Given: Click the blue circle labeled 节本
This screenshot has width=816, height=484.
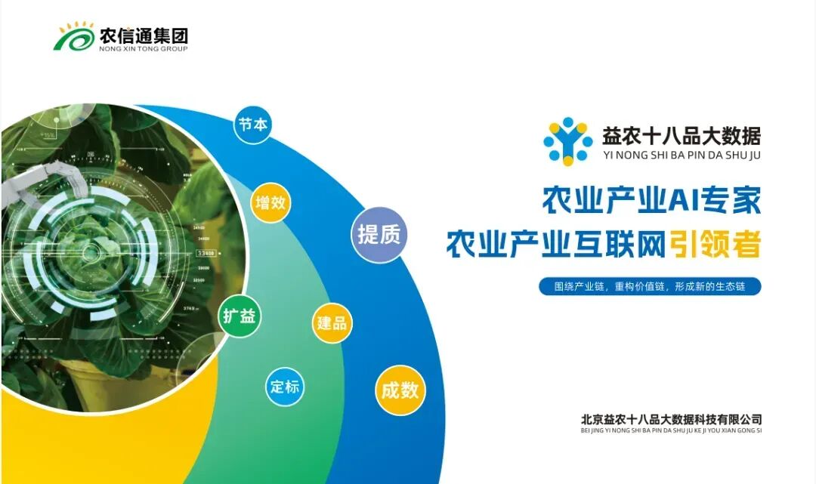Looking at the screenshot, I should [x=253, y=125].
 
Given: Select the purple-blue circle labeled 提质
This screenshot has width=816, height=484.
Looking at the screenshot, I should [x=379, y=235].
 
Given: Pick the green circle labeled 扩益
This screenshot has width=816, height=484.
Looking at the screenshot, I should [x=240, y=316].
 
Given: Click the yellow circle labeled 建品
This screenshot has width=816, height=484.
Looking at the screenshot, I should [x=332, y=323].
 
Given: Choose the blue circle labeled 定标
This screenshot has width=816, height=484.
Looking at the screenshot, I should [x=285, y=387].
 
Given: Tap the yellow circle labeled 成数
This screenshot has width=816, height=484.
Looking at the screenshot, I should [x=400, y=390].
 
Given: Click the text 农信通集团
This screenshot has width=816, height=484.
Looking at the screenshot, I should [x=144, y=35].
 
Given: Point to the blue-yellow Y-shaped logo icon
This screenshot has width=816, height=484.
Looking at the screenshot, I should [x=568, y=140].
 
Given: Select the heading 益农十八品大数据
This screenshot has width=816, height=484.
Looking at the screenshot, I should [x=681, y=135].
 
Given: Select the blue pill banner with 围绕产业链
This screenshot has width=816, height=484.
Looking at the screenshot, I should [x=650, y=287].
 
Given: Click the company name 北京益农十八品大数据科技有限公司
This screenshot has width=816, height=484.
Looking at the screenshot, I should [x=672, y=418].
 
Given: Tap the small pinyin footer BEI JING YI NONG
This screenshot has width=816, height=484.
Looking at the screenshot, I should [x=672, y=430].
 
